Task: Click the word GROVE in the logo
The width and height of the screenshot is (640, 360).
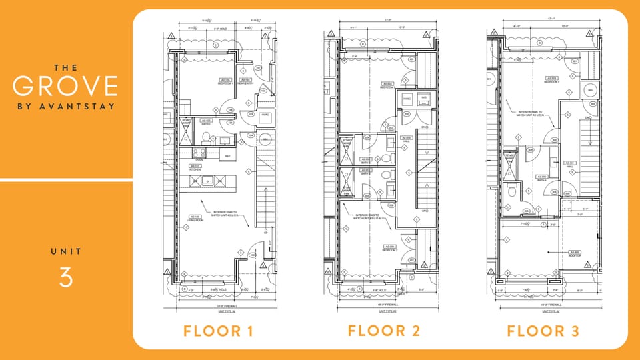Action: click(65, 87)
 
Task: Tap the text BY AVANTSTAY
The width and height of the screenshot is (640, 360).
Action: click(65, 106)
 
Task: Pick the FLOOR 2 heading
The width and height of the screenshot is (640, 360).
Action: click(384, 331)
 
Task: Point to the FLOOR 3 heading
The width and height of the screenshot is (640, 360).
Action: click(543, 331)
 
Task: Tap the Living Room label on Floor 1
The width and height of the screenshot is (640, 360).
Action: click(195, 218)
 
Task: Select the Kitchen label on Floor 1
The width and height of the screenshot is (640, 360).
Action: click(195, 169)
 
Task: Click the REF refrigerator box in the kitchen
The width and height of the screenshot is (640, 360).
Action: click(227, 156)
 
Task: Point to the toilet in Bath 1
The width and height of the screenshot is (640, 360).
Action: click(206, 139)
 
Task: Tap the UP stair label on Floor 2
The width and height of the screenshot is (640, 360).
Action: click(423, 211)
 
